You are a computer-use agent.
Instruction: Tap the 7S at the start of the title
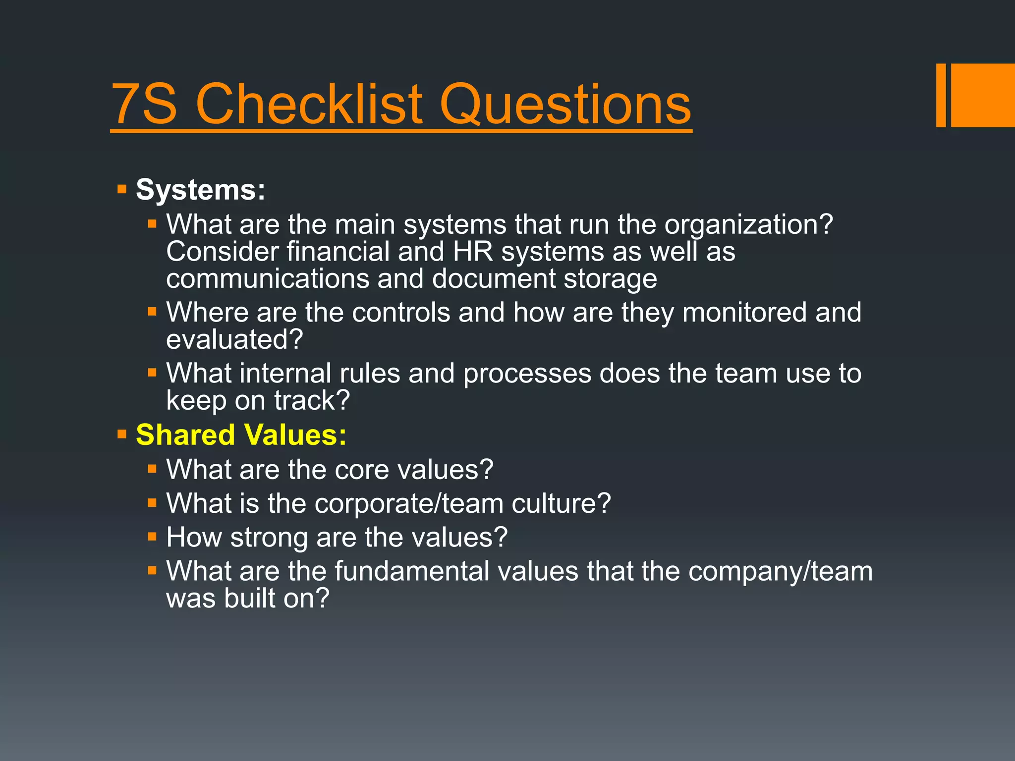(x=144, y=105)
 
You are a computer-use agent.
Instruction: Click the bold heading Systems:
(x=200, y=190)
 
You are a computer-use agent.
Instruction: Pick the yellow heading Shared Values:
(x=241, y=435)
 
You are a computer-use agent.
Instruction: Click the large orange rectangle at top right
(x=983, y=95)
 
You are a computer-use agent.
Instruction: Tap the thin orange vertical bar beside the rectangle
(x=941, y=95)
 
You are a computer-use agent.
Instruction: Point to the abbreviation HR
(x=473, y=252)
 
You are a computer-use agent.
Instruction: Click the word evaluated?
(x=234, y=340)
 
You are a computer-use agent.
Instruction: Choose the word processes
(x=527, y=374)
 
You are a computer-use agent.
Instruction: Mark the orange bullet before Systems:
(x=122, y=189)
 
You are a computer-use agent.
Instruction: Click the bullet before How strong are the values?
(x=152, y=537)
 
